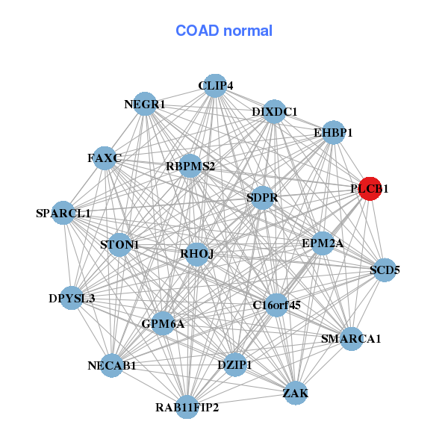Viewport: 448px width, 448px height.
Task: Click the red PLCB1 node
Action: click(x=371, y=189)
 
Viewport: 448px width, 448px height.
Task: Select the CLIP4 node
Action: click(x=215, y=86)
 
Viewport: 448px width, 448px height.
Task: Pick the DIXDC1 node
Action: click(x=274, y=112)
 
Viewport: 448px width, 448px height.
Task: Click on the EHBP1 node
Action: click(x=333, y=132)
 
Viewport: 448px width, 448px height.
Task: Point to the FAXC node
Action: click(x=105, y=158)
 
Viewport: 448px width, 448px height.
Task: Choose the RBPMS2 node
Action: click(x=190, y=166)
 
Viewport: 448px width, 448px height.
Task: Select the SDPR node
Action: click(x=262, y=198)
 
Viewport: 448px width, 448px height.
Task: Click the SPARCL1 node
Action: click(x=63, y=213)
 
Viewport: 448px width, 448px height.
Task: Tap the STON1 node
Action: click(x=119, y=244)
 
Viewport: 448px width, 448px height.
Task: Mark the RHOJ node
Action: click(x=197, y=254)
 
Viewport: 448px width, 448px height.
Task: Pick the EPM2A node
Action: click(x=323, y=243)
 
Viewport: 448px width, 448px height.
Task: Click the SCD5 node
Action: click(x=385, y=270)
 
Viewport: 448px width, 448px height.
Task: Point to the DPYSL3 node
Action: click(x=72, y=299)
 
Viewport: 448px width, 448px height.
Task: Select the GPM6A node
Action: click(x=163, y=323)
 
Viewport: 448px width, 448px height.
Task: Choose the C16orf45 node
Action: click(x=276, y=305)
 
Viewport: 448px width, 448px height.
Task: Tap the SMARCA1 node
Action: click(x=351, y=338)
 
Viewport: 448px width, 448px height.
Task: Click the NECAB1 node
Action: click(x=111, y=365)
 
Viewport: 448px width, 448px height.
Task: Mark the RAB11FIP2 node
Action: click(x=187, y=407)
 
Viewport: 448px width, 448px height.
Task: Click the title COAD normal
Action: click(x=224, y=31)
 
